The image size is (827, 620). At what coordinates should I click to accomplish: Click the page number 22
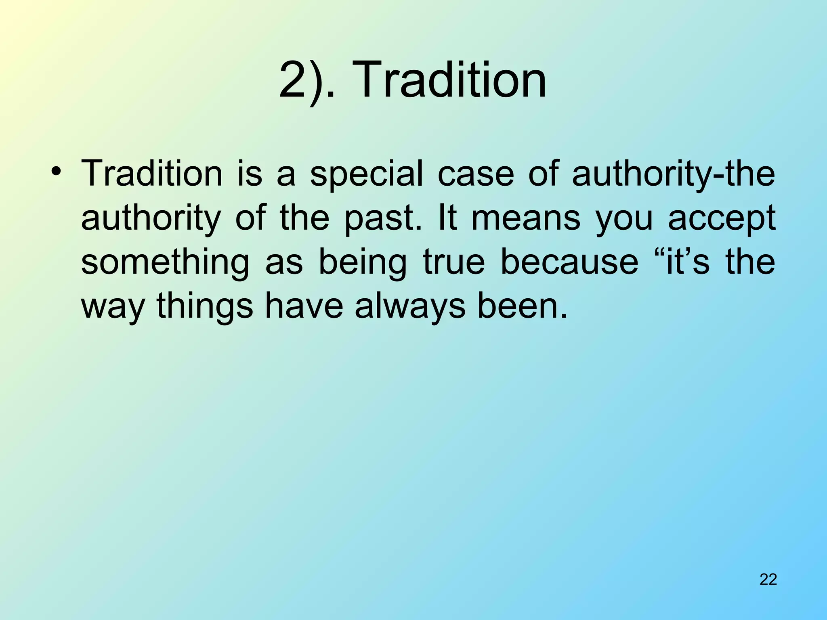tap(768, 579)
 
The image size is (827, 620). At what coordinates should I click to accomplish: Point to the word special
tap(366, 174)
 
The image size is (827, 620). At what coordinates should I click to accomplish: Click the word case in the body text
tap(476, 174)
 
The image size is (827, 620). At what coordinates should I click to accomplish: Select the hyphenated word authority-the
tap(674, 174)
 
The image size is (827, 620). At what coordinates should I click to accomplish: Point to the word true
tap(453, 262)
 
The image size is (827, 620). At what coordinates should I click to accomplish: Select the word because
tap(569, 262)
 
